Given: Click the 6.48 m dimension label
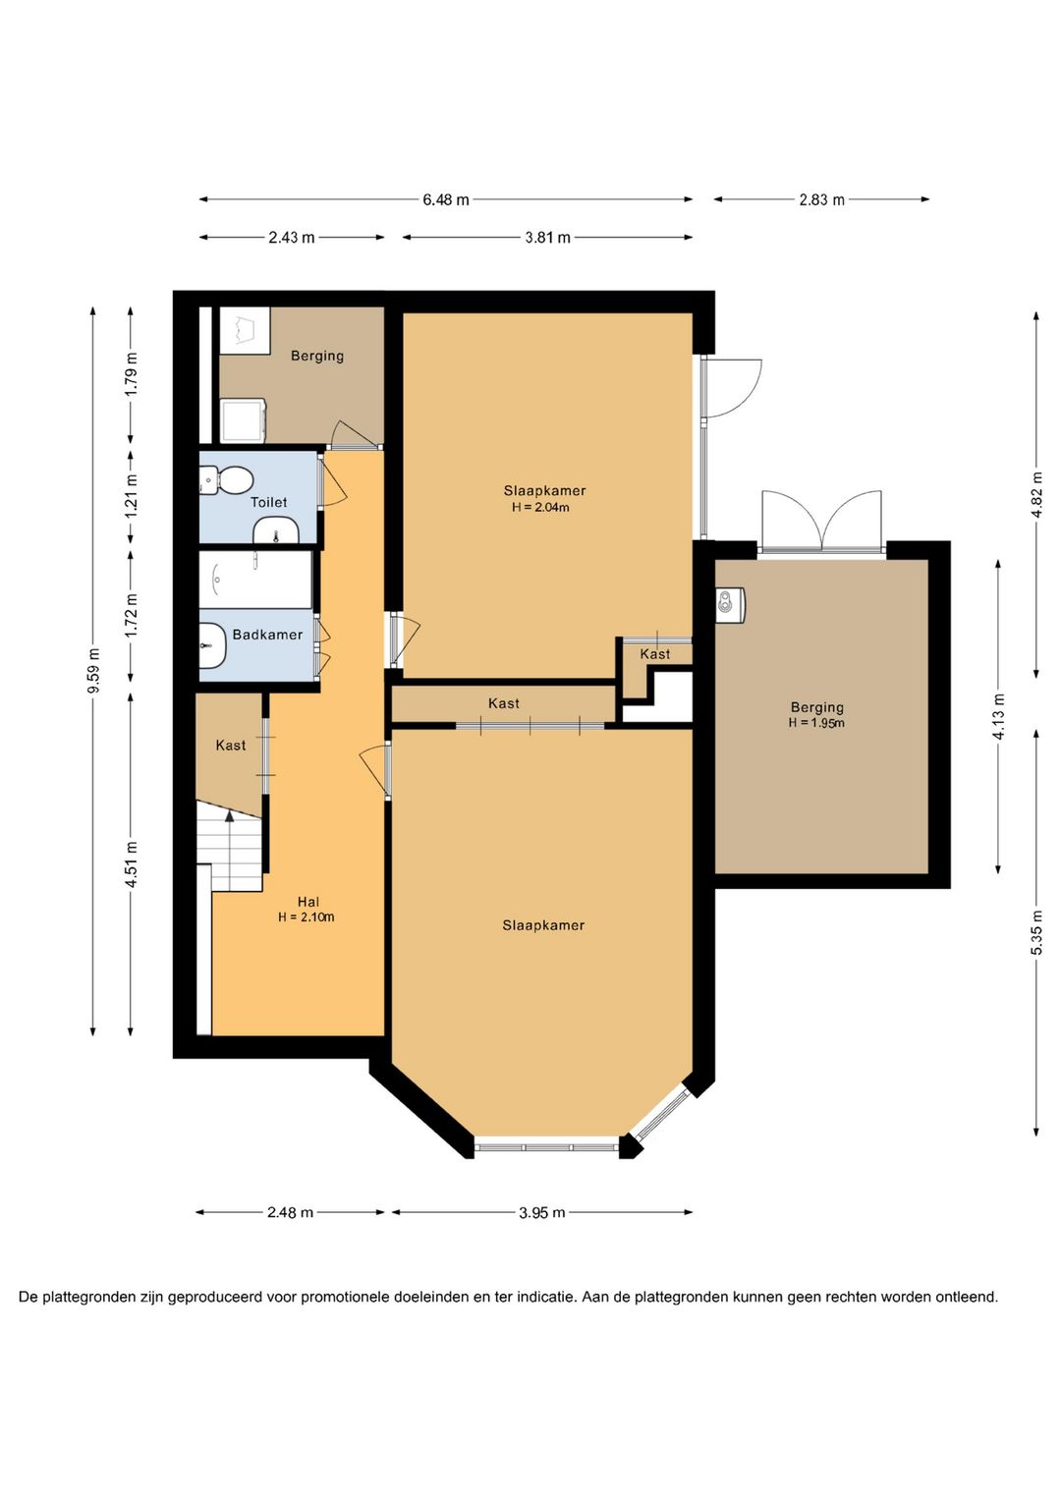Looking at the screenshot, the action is (x=445, y=199).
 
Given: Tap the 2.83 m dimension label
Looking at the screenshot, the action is (x=821, y=199).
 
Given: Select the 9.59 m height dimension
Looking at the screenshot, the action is (x=94, y=671).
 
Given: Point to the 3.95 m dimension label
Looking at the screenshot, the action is (x=541, y=1212).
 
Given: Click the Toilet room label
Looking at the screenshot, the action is (x=268, y=502).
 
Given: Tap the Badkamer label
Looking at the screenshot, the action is (x=267, y=635).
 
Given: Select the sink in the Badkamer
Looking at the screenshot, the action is (x=212, y=645).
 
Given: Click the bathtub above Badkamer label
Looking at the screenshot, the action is (x=255, y=580).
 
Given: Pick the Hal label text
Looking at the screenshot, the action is (x=307, y=902).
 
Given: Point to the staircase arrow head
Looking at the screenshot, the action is (x=230, y=815).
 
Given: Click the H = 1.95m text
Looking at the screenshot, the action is (x=816, y=723).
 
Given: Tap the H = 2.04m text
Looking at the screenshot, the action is (x=540, y=507).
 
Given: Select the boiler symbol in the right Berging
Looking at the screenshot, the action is (x=730, y=605).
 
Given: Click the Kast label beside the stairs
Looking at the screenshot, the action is (x=230, y=745).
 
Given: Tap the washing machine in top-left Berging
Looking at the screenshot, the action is (x=243, y=421).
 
